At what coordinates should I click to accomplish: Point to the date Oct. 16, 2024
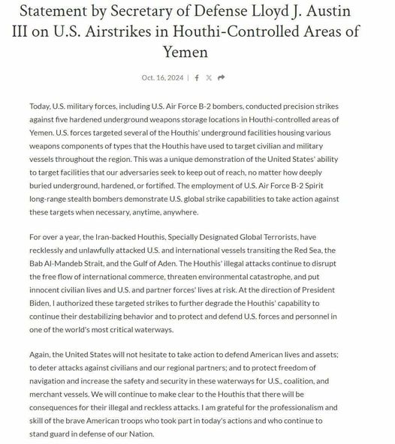click(x=161, y=78)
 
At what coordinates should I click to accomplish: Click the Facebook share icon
click(x=197, y=78)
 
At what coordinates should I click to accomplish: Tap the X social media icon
click(x=209, y=78)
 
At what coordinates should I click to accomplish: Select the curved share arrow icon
click(x=221, y=78)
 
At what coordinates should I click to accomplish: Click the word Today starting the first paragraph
click(x=42, y=106)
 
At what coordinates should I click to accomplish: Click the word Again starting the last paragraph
click(x=43, y=355)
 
